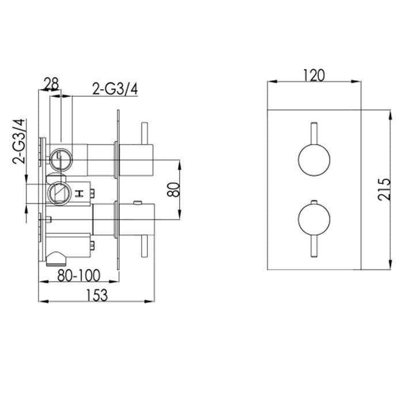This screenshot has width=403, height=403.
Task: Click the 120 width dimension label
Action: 314,75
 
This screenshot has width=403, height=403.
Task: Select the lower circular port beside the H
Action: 58,192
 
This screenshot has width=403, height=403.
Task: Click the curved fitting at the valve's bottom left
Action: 56,257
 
